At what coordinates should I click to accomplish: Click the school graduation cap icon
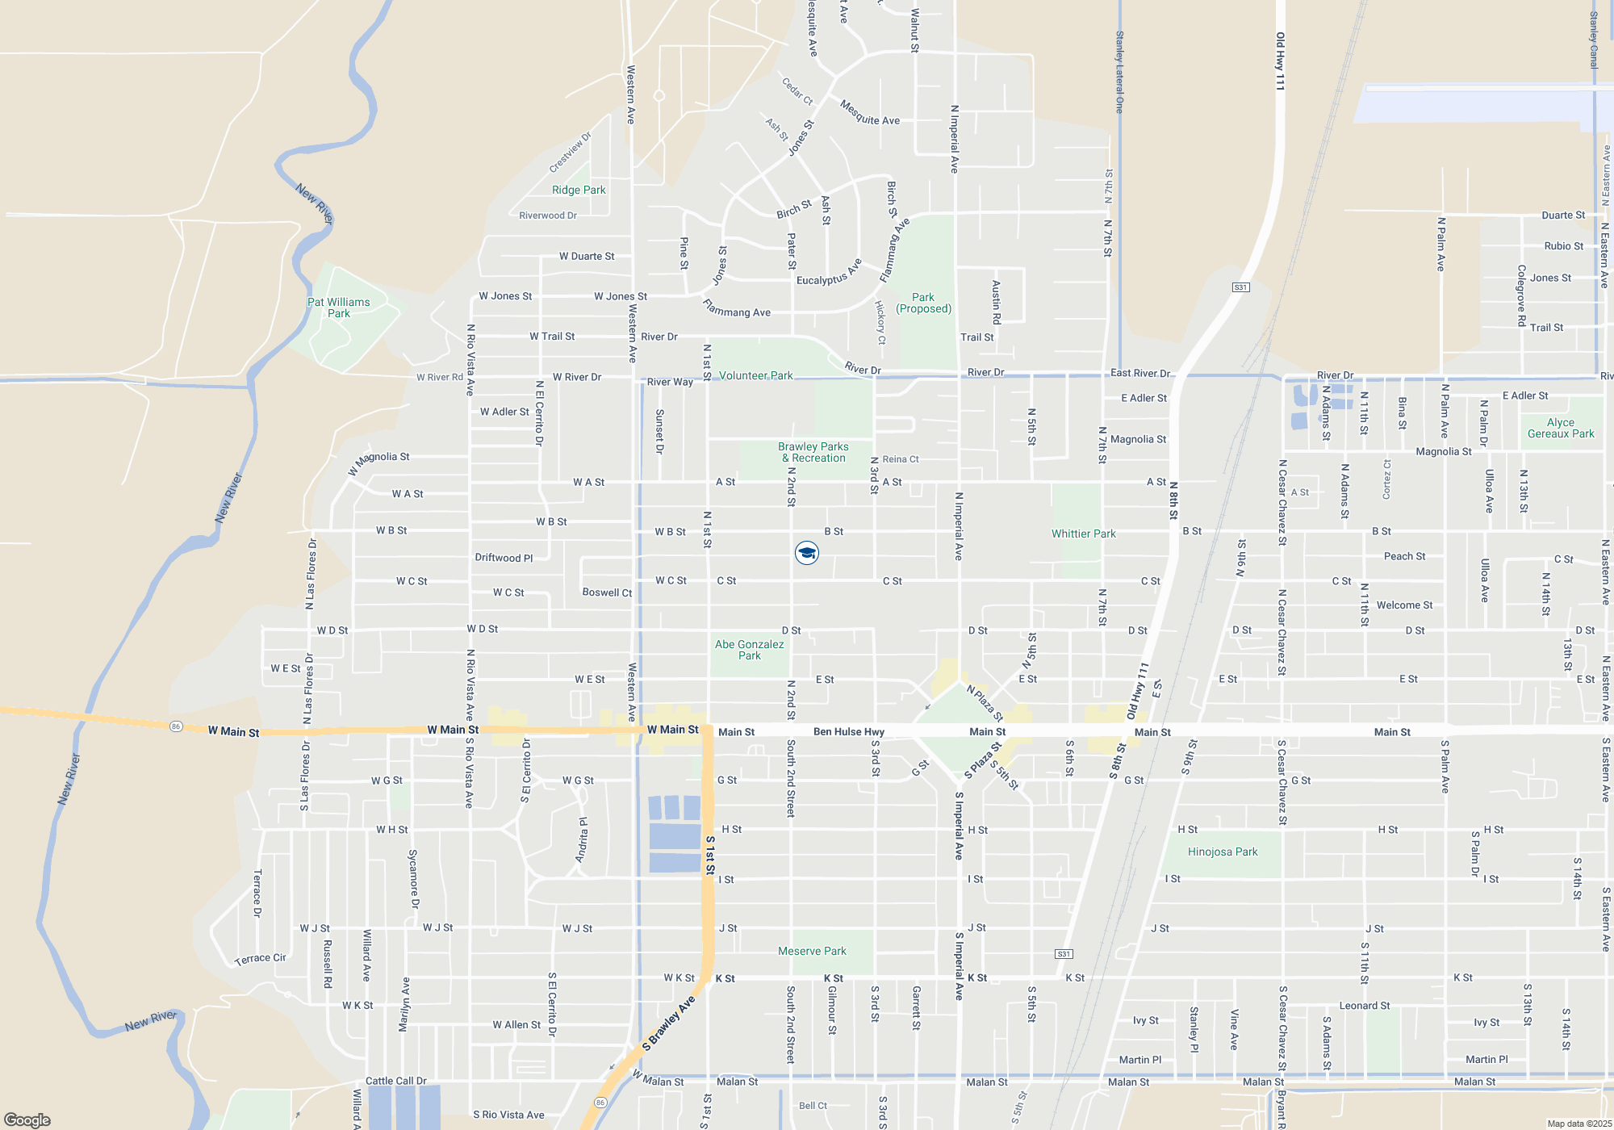tap(807, 553)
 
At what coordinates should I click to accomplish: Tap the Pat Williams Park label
tap(339, 308)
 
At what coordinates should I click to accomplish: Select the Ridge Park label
tap(579, 190)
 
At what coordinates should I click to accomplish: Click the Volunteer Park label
tap(756, 375)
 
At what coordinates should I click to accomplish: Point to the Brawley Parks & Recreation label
tap(813, 452)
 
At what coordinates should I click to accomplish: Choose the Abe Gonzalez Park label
tap(750, 650)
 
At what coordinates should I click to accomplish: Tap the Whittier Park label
tap(1084, 534)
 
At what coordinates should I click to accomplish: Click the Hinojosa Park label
tap(1223, 852)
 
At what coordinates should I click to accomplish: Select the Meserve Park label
tap(813, 951)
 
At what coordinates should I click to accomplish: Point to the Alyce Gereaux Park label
tap(1561, 428)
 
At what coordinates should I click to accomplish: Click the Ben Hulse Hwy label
tap(849, 732)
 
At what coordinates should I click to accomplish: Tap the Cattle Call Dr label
tap(396, 1081)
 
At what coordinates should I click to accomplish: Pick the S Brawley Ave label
tap(669, 1023)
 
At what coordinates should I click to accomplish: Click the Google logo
tap(27, 1120)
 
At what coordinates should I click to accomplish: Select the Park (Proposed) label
tap(924, 303)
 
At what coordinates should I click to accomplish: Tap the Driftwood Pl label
tap(504, 558)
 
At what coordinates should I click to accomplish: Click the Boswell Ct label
tap(607, 592)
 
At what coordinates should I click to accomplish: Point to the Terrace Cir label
tap(260, 959)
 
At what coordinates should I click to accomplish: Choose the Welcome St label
tap(1405, 605)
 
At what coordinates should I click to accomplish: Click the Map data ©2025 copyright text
tap(1579, 1124)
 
